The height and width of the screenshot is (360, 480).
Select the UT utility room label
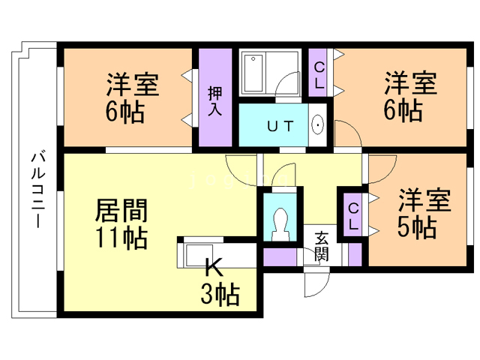coord(277,124)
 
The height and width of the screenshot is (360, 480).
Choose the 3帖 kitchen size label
coord(219,294)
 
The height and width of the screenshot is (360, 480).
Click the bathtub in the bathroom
coord(253,71)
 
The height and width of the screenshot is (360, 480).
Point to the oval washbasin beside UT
coord(316,124)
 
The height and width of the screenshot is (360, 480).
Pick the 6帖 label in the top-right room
coord(402,110)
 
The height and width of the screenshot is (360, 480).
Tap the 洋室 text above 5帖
coord(424,200)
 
